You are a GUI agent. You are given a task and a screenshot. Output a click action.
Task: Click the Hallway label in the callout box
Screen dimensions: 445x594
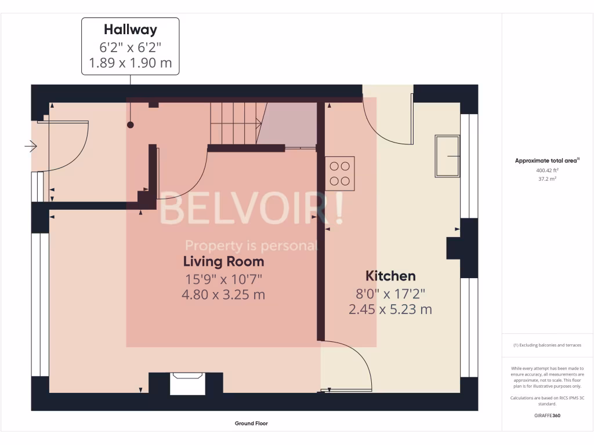coord(130,29)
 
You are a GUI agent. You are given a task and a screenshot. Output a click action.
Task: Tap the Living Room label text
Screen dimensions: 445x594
coord(223,261)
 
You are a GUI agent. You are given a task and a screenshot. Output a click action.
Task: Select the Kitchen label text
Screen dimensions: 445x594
coord(390,276)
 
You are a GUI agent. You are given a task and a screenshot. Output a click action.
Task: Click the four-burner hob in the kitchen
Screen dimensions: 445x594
coord(339,173)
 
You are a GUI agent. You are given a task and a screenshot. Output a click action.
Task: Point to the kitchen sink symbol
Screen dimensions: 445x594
coord(447,156)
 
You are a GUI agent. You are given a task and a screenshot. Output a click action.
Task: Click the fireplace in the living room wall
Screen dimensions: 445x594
coord(187,384)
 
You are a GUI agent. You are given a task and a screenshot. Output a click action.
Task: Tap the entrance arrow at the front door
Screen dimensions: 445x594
coord(31,147)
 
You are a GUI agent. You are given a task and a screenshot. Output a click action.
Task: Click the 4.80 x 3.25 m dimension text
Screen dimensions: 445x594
coord(223,294)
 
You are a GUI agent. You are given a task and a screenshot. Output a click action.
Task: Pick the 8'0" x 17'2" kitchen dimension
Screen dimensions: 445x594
coord(390,293)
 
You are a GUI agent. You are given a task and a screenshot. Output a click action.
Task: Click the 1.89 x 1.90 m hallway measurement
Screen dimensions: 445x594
coord(130,63)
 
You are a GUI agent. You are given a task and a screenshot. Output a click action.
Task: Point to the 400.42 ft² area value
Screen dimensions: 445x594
coord(548,171)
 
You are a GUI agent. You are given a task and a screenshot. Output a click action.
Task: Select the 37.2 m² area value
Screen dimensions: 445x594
coord(548,179)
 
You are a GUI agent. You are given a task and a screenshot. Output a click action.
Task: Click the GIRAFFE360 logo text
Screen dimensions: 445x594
coord(548,415)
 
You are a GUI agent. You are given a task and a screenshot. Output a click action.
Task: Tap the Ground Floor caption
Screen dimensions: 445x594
coord(251,424)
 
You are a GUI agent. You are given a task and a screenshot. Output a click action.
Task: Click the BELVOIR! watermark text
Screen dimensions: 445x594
coord(251,210)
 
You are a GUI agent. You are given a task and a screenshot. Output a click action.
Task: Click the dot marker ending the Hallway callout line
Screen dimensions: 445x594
coord(131,125)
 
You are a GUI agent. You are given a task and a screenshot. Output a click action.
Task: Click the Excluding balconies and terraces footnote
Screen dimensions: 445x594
coord(547,345)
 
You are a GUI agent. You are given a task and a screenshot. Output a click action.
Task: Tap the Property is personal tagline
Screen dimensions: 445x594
coord(251,246)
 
